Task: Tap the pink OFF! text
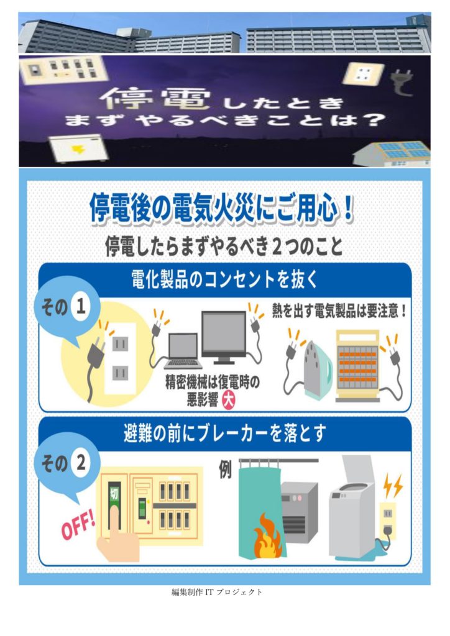(78, 527)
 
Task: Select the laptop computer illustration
(183, 351)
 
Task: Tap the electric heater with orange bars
(357, 366)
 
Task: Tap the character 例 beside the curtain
(226, 470)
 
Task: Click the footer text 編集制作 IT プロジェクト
(217, 592)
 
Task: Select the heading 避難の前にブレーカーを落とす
(225, 433)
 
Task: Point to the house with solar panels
(392, 154)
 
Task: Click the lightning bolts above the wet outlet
(393, 485)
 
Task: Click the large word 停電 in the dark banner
(155, 100)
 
